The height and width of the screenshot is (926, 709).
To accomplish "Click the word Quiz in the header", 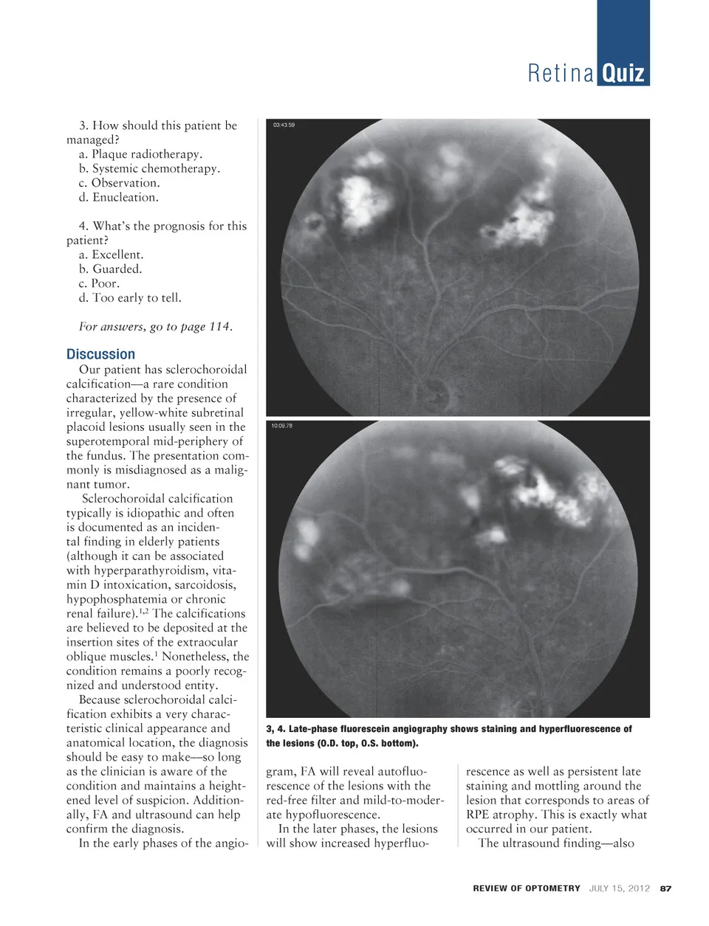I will coord(623,74).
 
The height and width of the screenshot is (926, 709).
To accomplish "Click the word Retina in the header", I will coord(561,74).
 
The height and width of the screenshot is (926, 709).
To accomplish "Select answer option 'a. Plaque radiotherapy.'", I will coord(140,154).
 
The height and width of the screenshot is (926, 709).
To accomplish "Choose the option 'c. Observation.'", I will coord(119,183).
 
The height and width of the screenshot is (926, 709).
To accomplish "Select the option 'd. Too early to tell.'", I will coord(130,298).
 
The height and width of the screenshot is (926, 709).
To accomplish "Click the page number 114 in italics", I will coord(219,327).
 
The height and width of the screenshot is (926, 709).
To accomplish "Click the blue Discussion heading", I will coord(100,354).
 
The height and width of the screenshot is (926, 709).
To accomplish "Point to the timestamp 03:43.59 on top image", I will coord(284,125).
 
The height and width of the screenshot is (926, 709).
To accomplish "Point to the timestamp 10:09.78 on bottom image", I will coord(281,426).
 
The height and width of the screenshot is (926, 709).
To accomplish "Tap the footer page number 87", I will coord(665,888).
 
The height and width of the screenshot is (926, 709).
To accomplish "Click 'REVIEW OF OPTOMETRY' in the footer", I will coord(527,888).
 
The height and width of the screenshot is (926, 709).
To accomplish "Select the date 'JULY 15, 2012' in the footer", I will coord(619,888).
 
